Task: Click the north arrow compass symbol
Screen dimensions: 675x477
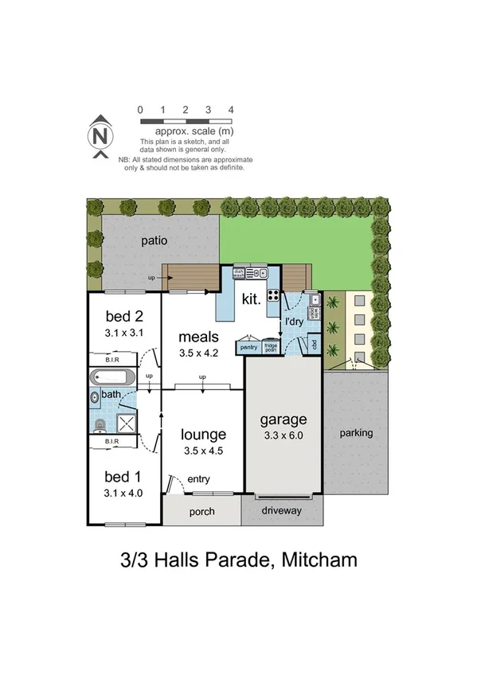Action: [100, 136]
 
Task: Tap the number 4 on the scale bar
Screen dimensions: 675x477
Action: [231, 109]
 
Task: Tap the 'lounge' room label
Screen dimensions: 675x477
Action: [203, 435]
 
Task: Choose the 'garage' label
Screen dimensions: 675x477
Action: [283, 419]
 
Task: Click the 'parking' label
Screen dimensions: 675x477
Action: [356, 434]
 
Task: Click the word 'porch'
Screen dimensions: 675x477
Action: [202, 511]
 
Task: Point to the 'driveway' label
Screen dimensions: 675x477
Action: [283, 510]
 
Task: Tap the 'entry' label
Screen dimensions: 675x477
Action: [199, 480]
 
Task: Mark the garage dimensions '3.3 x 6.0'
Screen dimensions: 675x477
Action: [283, 435]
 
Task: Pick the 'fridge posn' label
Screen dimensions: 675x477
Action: [270, 348]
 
